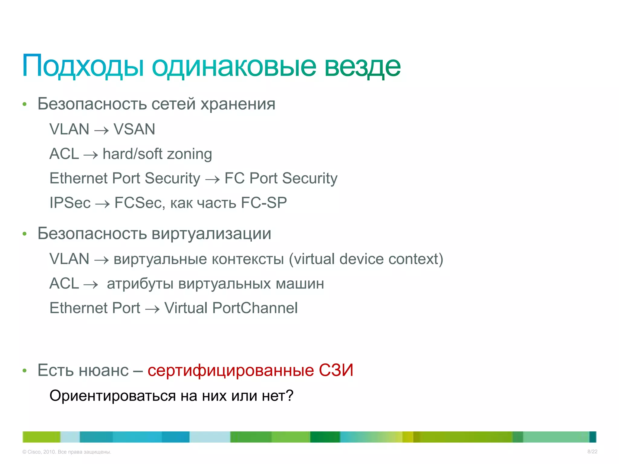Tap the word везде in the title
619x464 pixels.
coord(362,66)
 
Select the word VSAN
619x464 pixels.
coord(134,129)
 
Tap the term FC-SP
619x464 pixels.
coord(264,203)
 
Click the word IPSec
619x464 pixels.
coord(70,203)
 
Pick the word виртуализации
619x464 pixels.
coord(211,234)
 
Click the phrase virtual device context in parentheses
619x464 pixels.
coord(366,259)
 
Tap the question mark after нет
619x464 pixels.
coord(290,396)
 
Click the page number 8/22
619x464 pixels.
coord(592,452)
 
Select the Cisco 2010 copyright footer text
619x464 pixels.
coord(67,452)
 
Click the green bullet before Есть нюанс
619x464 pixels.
coord(25,371)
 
